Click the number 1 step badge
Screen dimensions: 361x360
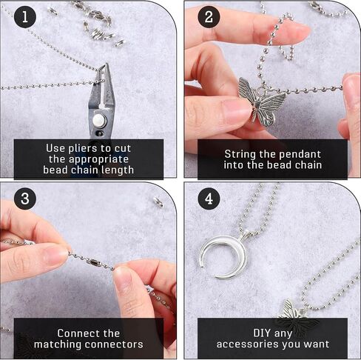point(25,17)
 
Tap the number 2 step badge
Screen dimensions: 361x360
point(209,17)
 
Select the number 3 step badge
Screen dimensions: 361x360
point(25,199)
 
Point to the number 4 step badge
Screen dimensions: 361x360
point(209,199)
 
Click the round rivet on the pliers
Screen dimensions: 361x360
point(99,120)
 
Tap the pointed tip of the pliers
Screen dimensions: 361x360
point(107,64)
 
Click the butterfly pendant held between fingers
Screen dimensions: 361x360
point(261,101)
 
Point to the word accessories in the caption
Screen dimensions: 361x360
point(248,344)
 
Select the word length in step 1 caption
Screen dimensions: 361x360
point(118,170)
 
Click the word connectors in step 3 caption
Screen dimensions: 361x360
point(116,344)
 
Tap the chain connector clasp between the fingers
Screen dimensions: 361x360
point(94,261)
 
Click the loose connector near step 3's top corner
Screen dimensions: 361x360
point(158,201)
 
